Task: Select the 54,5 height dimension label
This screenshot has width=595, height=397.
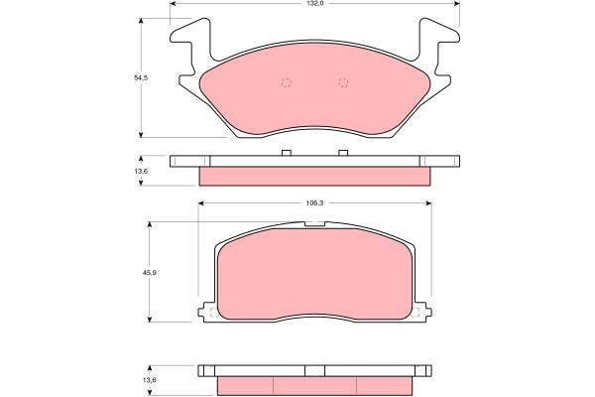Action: [x=141, y=77]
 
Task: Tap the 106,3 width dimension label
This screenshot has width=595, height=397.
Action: [x=314, y=203]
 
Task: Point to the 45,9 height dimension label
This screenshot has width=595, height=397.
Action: [x=151, y=272]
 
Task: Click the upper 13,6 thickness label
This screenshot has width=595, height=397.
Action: [x=141, y=171]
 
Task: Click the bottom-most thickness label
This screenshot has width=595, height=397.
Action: [x=150, y=379]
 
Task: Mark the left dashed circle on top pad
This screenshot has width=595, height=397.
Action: [x=287, y=82]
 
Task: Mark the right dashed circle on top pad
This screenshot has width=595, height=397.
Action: [x=343, y=82]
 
